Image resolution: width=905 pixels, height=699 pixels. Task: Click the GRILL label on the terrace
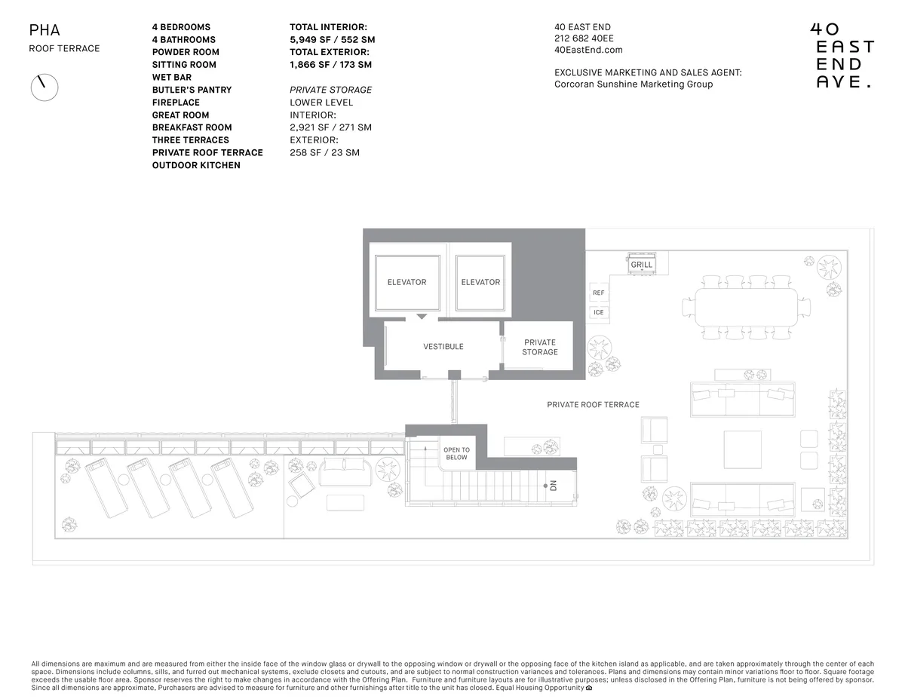click(x=641, y=265)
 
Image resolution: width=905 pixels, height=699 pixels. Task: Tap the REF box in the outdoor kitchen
click(x=598, y=293)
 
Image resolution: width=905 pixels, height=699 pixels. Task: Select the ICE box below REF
click(x=598, y=312)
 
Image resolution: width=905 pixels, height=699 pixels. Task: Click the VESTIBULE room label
click(x=443, y=347)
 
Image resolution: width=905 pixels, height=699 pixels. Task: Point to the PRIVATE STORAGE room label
click(x=540, y=347)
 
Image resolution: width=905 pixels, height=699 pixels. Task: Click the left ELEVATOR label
click(x=406, y=282)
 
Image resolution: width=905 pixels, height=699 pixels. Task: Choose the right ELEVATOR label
click(x=480, y=282)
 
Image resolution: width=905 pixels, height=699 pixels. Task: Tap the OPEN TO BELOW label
click(x=456, y=454)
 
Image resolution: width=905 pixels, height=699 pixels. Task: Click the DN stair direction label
click(x=553, y=486)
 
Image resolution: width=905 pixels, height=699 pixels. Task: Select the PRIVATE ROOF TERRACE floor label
click(x=593, y=405)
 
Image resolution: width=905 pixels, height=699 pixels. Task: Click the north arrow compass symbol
click(x=44, y=87)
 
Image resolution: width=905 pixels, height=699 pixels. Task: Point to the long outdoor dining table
click(x=747, y=308)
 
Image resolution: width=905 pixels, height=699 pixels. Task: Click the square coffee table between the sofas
click(x=742, y=449)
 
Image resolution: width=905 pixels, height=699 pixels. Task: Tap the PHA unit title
click(x=44, y=31)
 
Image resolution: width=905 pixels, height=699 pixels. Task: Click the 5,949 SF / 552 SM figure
click(x=332, y=39)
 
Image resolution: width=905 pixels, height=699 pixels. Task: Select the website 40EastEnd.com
click(x=588, y=50)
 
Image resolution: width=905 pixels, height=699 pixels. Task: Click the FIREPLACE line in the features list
click(x=176, y=102)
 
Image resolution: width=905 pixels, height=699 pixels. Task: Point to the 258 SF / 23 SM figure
click(x=324, y=152)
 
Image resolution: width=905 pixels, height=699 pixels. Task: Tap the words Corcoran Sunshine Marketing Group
click(x=633, y=84)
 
